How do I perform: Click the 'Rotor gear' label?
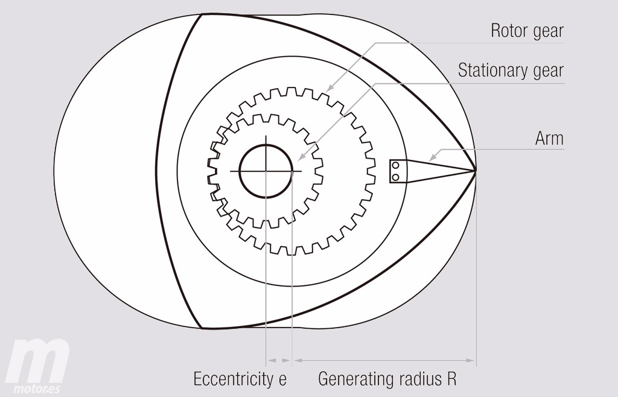coord(527,31)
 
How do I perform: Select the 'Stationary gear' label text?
coord(511,71)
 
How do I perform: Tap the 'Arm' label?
coord(549,139)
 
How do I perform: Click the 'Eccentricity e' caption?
coord(240,380)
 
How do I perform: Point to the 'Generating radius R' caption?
coord(387,380)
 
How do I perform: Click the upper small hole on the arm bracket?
coord(395,165)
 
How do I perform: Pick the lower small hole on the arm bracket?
coord(395,176)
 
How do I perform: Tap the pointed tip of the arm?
coord(475,171)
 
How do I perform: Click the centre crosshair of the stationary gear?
coord(266,171)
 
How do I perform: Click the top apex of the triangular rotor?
coord(200,14)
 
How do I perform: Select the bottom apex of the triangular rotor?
coord(201,328)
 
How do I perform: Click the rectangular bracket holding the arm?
coord(397,171)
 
